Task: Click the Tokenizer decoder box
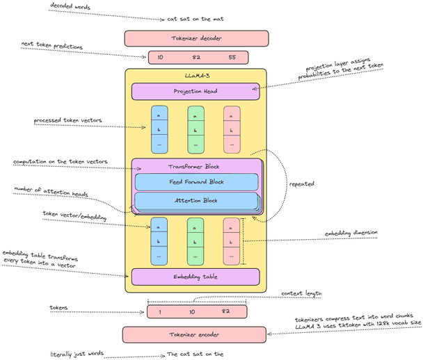[x=195, y=38]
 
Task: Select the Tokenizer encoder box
[x=195, y=334]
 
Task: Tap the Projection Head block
[x=195, y=91]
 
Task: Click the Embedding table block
[x=195, y=277]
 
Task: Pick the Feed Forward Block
[x=195, y=182]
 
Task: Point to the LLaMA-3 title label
[x=195, y=74]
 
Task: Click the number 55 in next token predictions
[x=232, y=58]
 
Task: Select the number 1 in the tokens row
[x=159, y=311]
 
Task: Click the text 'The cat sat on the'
[x=195, y=354]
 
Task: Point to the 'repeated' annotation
[x=301, y=184]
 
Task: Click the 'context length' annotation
[x=303, y=294]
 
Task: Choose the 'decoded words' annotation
[x=69, y=6]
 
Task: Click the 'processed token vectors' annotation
[x=67, y=121]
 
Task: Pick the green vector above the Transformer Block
[x=195, y=129]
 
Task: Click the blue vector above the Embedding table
[x=159, y=240]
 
